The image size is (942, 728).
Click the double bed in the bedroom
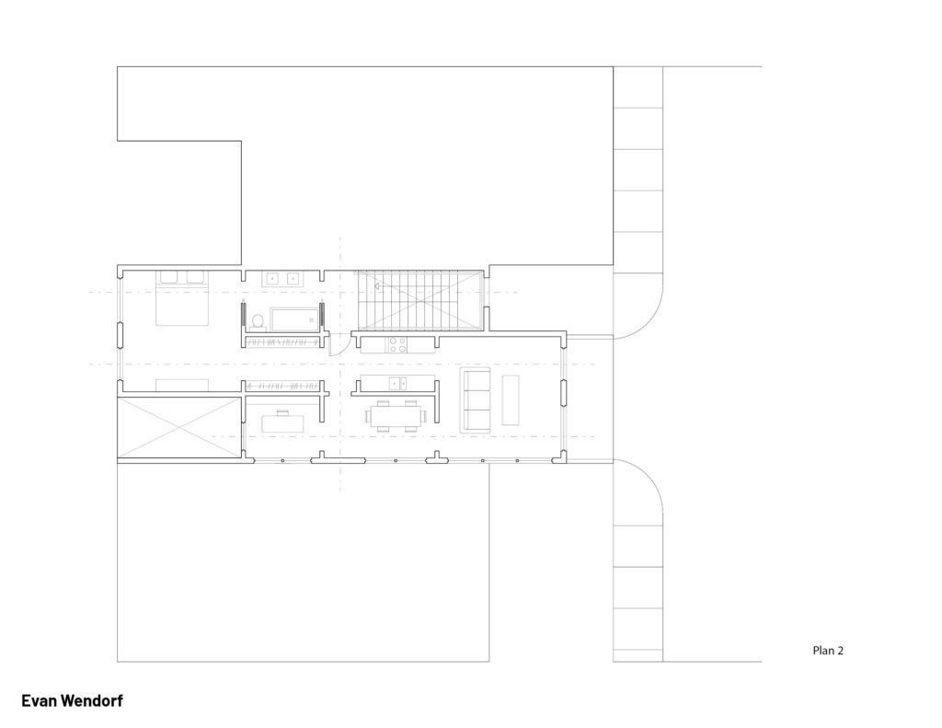(x=182, y=298)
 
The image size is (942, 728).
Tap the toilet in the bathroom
(x=258, y=321)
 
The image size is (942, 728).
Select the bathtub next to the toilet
(x=293, y=319)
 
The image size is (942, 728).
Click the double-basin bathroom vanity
(x=282, y=279)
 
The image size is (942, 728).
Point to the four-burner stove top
(x=397, y=345)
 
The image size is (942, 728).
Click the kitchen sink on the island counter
(x=397, y=382)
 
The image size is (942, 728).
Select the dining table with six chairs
(x=396, y=416)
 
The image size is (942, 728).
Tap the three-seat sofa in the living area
(x=476, y=399)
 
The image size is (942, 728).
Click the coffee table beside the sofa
(x=510, y=399)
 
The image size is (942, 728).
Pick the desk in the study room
(x=283, y=422)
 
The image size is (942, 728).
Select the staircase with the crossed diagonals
(x=419, y=301)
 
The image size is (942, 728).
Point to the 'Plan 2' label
(x=828, y=651)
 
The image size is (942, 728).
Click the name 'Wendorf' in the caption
(x=91, y=701)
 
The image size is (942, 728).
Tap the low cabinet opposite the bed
(x=182, y=385)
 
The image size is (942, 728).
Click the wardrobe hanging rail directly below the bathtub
(x=281, y=342)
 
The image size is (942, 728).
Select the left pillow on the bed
(x=168, y=277)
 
